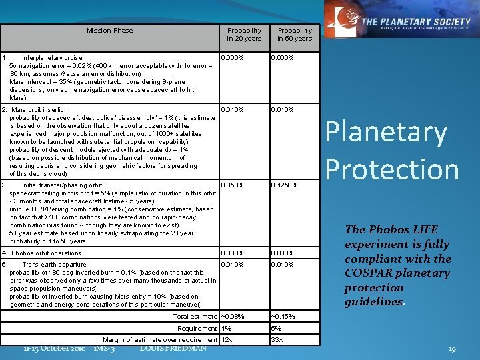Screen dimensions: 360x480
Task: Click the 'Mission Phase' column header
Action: (x=109, y=31)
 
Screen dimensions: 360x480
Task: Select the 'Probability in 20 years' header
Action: (x=244, y=35)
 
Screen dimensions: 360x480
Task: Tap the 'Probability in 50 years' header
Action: (x=295, y=35)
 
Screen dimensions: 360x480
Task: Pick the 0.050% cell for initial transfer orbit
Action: (x=233, y=185)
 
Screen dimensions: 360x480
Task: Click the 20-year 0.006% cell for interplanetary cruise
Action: (x=233, y=57)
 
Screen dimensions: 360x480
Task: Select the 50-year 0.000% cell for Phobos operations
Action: (x=283, y=253)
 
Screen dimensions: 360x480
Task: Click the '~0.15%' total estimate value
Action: (x=283, y=316)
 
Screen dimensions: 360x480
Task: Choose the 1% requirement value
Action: (x=227, y=328)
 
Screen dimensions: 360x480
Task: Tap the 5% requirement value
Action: (x=277, y=328)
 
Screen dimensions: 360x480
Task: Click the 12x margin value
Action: (x=227, y=340)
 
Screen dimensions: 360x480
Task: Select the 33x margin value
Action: (x=277, y=340)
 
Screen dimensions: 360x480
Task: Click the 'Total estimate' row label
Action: (x=195, y=316)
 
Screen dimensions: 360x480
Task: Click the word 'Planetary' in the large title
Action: (x=385, y=133)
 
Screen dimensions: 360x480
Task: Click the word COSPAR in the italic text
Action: (x=369, y=273)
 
